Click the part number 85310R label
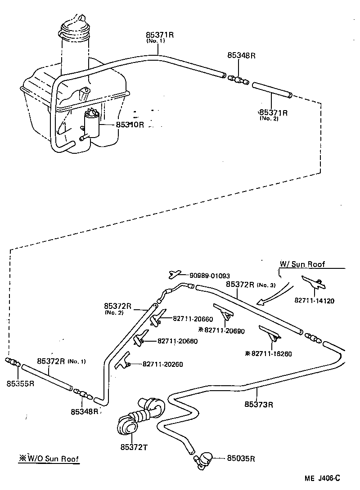pyautogui.click(x=130, y=125)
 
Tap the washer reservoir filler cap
pyautogui.click(x=74, y=28)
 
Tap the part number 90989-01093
pyautogui.click(x=209, y=275)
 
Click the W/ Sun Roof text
pyautogui.click(x=302, y=264)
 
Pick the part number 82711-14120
pyautogui.click(x=315, y=301)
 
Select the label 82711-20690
pyautogui.click(x=224, y=330)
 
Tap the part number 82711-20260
pyautogui.click(x=162, y=364)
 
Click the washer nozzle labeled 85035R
pyautogui.click(x=205, y=458)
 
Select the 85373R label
pyautogui.click(x=259, y=404)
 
